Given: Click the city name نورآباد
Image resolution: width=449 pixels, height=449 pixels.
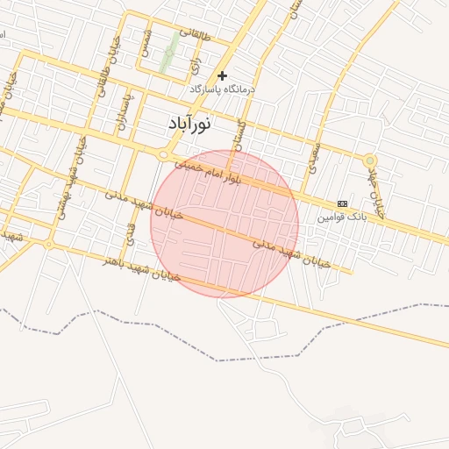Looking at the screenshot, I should click(x=189, y=124).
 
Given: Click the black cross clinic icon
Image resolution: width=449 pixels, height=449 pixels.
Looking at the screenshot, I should click(x=223, y=76).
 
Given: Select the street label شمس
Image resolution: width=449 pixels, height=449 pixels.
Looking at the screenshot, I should click(x=144, y=44).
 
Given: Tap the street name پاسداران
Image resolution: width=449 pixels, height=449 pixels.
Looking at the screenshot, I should click(x=125, y=109).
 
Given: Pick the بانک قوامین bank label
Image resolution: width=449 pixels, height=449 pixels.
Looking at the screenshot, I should click(x=339, y=215).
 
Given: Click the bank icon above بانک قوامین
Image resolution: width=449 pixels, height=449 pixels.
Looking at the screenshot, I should click(x=342, y=203).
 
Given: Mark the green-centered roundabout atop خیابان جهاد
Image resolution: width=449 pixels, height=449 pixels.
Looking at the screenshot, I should click(x=370, y=160).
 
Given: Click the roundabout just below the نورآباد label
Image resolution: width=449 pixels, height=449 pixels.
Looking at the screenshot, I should click(x=163, y=154).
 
